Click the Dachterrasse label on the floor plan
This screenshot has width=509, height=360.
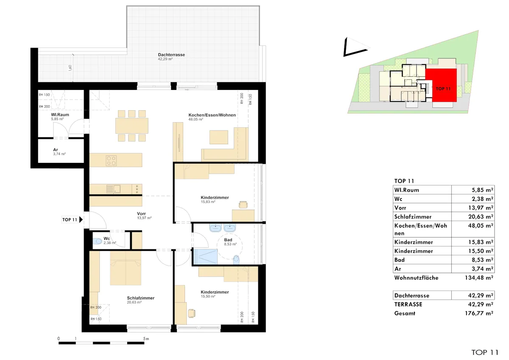point(171,55)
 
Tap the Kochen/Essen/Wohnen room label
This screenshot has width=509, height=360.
point(212,115)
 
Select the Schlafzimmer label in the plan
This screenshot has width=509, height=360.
point(141,298)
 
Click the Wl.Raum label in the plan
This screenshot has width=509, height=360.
point(60,115)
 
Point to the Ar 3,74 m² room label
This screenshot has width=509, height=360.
point(59,151)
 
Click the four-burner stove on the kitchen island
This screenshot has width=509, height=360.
point(111,160)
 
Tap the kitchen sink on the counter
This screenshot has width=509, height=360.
point(114,189)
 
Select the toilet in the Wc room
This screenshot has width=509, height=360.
point(98,241)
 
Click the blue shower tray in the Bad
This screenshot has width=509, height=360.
point(205,257)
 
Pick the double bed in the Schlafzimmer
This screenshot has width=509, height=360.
point(126,268)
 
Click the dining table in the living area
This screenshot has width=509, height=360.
point(132,126)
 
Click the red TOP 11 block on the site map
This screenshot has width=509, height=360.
point(441,85)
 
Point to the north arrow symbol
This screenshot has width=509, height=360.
point(355,47)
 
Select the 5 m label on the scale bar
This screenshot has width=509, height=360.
point(146,339)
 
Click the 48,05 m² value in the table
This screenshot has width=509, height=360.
point(481,226)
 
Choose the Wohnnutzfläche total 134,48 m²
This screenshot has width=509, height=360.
point(479,278)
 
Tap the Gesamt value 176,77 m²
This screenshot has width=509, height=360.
point(479,313)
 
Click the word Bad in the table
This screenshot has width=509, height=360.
point(400,260)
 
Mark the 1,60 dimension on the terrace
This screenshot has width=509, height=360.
point(70,68)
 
